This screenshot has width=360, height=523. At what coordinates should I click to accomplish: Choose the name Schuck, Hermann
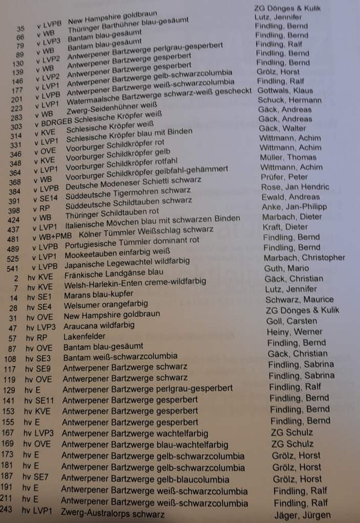tap(289, 100)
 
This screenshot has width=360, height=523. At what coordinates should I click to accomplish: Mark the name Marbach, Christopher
tap(304, 258)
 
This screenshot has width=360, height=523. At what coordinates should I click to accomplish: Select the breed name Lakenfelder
tap(84, 337)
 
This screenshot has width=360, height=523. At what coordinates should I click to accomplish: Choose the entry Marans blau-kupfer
tap(99, 294)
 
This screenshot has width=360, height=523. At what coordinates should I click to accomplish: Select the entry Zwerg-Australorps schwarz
tap(112, 513)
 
